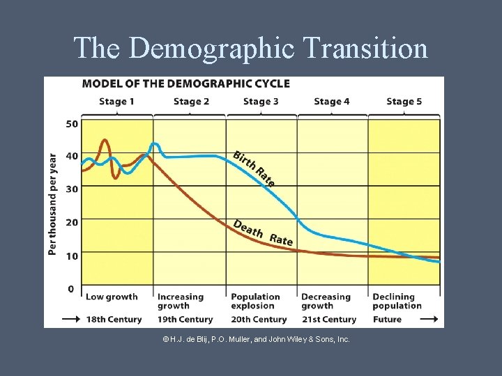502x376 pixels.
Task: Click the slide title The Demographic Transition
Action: click(250, 48)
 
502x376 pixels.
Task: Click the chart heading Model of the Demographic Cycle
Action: click(185, 84)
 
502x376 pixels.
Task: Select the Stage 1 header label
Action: click(117, 102)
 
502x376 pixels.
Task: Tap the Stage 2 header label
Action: click(191, 102)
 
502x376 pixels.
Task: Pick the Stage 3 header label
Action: click(261, 102)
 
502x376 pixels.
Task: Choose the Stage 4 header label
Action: click(332, 102)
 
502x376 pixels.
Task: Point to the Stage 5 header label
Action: click(404, 102)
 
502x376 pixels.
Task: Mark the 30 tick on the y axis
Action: click(72, 189)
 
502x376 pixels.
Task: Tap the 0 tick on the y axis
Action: click(71, 288)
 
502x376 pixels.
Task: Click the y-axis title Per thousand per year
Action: click(53, 203)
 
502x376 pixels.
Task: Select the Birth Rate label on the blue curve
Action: click(254, 168)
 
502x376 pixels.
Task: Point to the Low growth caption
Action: click(112, 297)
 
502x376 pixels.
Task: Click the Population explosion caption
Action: click(255, 301)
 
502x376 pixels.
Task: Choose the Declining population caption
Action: click(397, 301)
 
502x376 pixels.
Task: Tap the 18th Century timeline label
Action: click(114, 320)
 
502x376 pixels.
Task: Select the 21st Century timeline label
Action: click(328, 320)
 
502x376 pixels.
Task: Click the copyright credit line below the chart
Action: click(256, 339)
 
